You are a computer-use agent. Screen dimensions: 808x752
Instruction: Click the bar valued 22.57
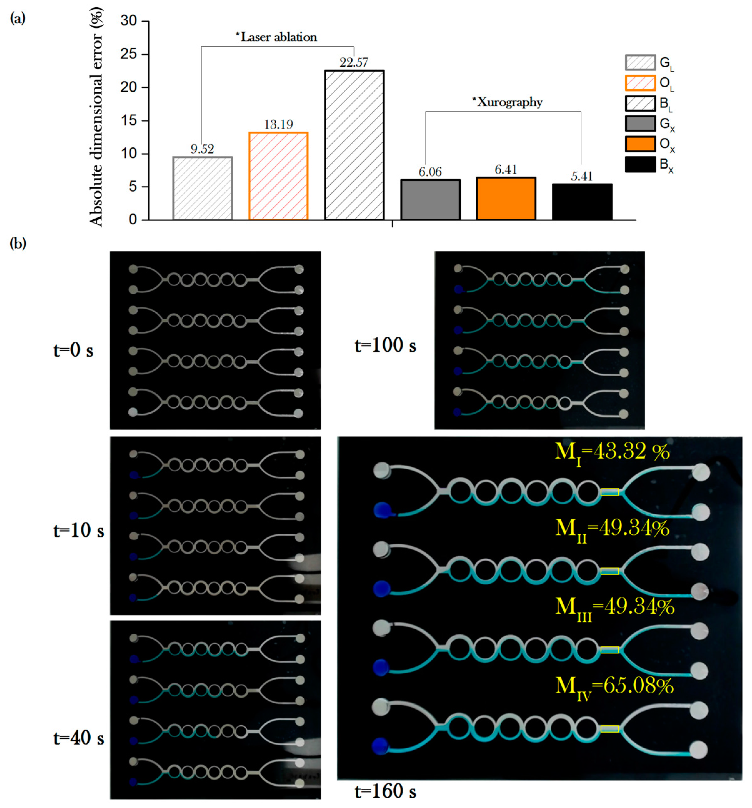tap(354, 145)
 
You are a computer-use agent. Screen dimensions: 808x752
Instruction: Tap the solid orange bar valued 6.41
tap(506, 198)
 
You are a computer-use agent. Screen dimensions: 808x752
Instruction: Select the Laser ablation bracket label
tap(276, 37)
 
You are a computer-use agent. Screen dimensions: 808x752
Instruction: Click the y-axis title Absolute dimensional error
tap(96, 118)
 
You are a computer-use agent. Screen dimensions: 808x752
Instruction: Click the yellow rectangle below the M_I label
tap(609, 492)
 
